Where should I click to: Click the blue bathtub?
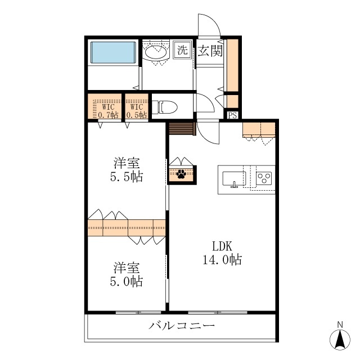click(113, 52)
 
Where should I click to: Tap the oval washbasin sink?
click(156, 52)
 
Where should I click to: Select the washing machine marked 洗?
click(182, 50)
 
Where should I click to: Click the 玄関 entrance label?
click(210, 51)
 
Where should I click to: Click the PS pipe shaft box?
click(232, 115)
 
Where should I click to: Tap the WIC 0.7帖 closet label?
click(108, 111)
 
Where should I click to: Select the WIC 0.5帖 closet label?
click(137, 111)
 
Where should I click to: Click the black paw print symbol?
click(181, 174)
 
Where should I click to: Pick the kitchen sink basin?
click(234, 178)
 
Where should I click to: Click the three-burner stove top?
click(264, 178)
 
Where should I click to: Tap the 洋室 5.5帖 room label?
click(127, 170)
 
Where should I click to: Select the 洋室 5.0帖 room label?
click(127, 274)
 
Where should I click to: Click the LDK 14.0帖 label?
click(222, 253)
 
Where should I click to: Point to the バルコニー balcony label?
click(181, 325)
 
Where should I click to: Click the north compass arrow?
click(340, 340)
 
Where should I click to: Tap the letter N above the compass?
click(340, 325)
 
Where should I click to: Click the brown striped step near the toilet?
click(182, 129)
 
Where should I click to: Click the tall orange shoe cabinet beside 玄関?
click(232, 65)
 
